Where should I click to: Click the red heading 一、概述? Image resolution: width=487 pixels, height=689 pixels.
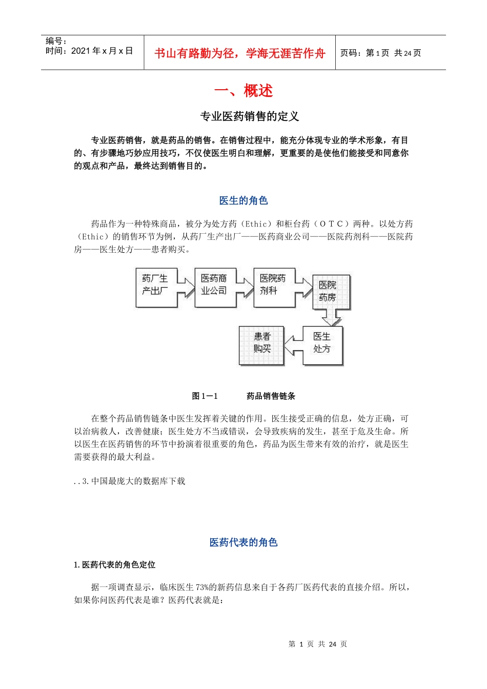click(x=243, y=91)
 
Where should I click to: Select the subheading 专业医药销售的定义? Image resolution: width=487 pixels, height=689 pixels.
click(x=249, y=116)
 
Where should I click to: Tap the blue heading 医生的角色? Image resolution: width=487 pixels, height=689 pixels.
click(x=243, y=200)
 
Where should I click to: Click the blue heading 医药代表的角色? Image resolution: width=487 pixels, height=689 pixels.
click(x=243, y=542)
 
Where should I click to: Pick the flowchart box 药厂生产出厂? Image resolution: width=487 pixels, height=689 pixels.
click(x=156, y=288)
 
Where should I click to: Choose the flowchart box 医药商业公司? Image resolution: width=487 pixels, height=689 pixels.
click(x=215, y=288)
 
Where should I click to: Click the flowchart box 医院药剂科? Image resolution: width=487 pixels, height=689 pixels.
click(x=274, y=288)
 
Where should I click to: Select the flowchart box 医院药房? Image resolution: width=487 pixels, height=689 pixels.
click(x=331, y=292)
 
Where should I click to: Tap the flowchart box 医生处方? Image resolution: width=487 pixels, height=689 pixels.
click(x=322, y=346)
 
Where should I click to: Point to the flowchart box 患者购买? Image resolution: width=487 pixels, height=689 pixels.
click(x=261, y=346)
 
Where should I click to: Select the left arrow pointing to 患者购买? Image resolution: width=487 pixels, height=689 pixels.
click(x=294, y=346)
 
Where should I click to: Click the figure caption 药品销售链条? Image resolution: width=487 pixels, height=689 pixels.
click(x=271, y=396)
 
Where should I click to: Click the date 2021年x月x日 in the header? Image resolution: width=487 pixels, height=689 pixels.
click(x=102, y=51)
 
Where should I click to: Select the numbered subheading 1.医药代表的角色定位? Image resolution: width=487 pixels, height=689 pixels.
click(x=115, y=565)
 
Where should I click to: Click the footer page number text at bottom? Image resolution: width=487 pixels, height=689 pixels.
click(x=318, y=644)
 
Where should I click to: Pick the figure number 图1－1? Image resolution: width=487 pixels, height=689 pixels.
click(x=205, y=396)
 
